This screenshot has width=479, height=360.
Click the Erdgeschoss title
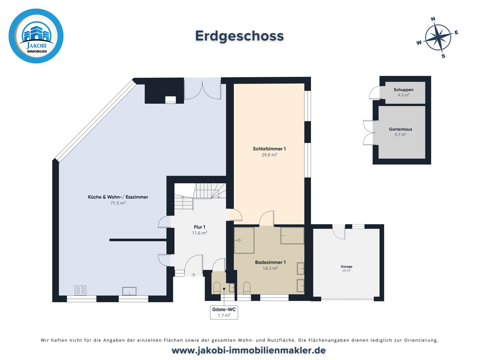pyautogui.click(x=239, y=36)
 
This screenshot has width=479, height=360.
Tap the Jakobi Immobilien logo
pyautogui.click(x=36, y=36)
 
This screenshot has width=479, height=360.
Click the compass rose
pyautogui.click(x=438, y=38)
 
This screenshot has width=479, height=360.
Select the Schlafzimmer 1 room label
pyautogui.click(x=269, y=149)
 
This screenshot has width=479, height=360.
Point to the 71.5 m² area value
pyautogui.click(x=118, y=203)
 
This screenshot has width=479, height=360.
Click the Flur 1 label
pyautogui.click(x=199, y=227)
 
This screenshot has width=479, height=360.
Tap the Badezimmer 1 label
pyautogui.click(x=270, y=262)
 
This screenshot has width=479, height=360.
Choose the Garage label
pyautogui.click(x=346, y=266)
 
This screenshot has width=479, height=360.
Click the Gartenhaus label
pyautogui.click(x=400, y=129)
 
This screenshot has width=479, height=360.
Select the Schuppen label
pyautogui.click(x=403, y=90)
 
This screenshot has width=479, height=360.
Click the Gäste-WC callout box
pyautogui.click(x=224, y=312)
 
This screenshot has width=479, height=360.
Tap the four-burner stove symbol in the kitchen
pyautogui.click(x=80, y=291)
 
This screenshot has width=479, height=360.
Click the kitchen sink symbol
pyautogui.click(x=129, y=291)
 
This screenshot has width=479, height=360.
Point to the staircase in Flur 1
pyautogui.click(x=200, y=196)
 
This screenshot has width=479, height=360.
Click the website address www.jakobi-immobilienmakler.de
pyautogui.click(x=248, y=350)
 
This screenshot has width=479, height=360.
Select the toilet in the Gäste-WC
pyautogui.click(x=217, y=288)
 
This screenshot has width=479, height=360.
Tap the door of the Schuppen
pyautogui.click(x=374, y=93)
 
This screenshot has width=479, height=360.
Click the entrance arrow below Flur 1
pyautogui.click(x=194, y=275)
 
